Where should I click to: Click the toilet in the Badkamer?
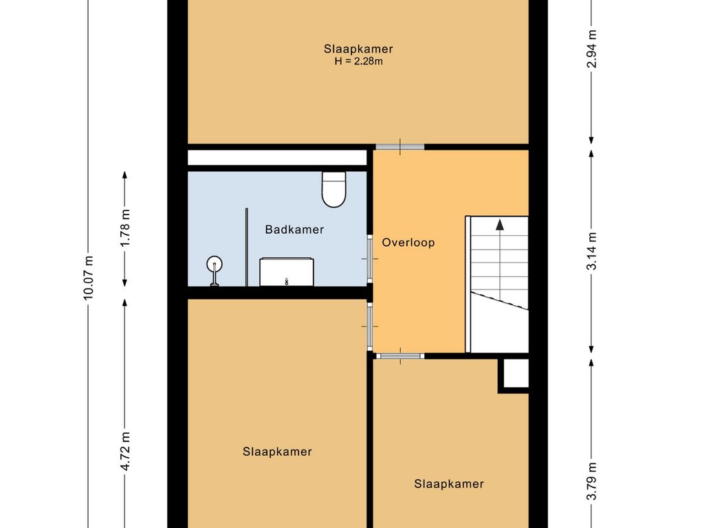pos(334,190)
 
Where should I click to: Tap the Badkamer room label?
pos(294,230)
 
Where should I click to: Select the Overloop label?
pos(408,243)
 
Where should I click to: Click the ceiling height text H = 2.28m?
pos(359,61)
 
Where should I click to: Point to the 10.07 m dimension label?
pos(89,278)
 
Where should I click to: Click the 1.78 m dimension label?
pos(125,227)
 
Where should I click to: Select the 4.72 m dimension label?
pos(125,451)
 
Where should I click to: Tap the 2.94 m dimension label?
pos(592,49)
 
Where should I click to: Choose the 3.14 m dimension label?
pos(592,251)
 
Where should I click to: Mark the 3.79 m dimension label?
pos(592,481)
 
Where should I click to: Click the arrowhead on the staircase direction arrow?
pos(500,225)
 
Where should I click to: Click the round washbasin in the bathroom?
pos(214,264)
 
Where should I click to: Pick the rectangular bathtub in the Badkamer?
pos(287,272)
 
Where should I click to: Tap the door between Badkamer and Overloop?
pos(370,259)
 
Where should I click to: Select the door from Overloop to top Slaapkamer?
pos(400,147)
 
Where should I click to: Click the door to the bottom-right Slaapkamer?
pos(400,356)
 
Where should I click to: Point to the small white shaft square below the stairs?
pos(516,373)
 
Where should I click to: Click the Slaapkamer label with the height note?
pos(359,49)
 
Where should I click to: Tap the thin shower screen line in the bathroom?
pos(247,247)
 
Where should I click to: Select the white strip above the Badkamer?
pos(277,157)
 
